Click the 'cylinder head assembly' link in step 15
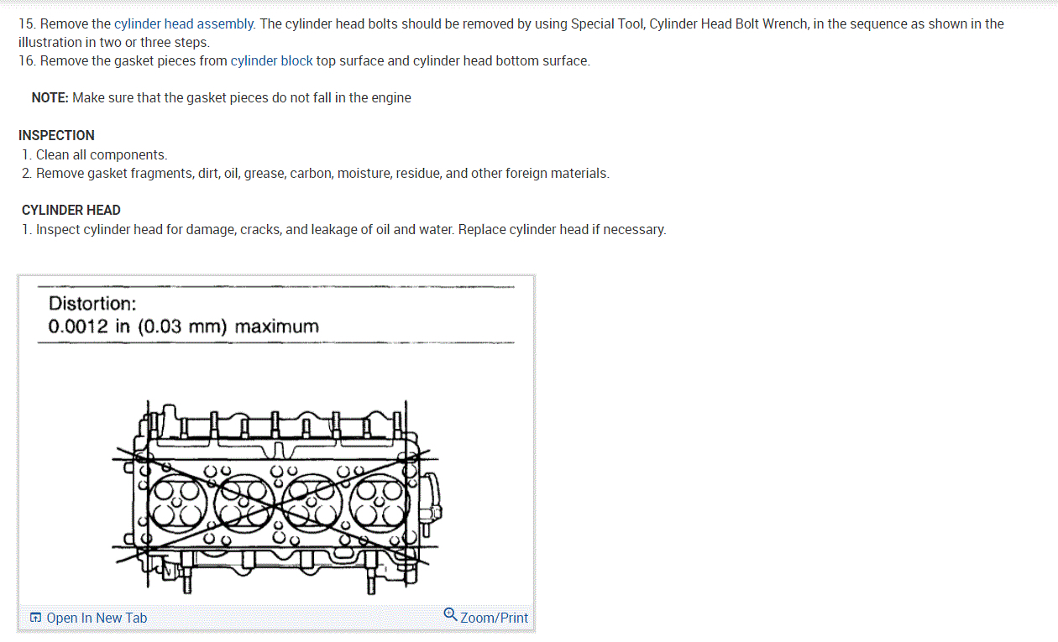click(184, 23)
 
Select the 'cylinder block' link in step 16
click(271, 60)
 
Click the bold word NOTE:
click(50, 97)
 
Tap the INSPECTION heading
click(56, 135)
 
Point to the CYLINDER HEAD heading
click(71, 210)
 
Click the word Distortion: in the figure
click(92, 304)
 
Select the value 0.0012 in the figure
click(78, 326)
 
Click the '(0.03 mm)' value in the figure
click(182, 326)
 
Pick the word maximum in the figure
click(277, 326)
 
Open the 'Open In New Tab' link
click(97, 618)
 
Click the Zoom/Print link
click(495, 618)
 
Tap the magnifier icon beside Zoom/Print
click(450, 616)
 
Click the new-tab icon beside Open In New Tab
click(35, 619)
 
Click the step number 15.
click(26, 23)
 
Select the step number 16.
click(26, 60)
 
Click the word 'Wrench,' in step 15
click(784, 23)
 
